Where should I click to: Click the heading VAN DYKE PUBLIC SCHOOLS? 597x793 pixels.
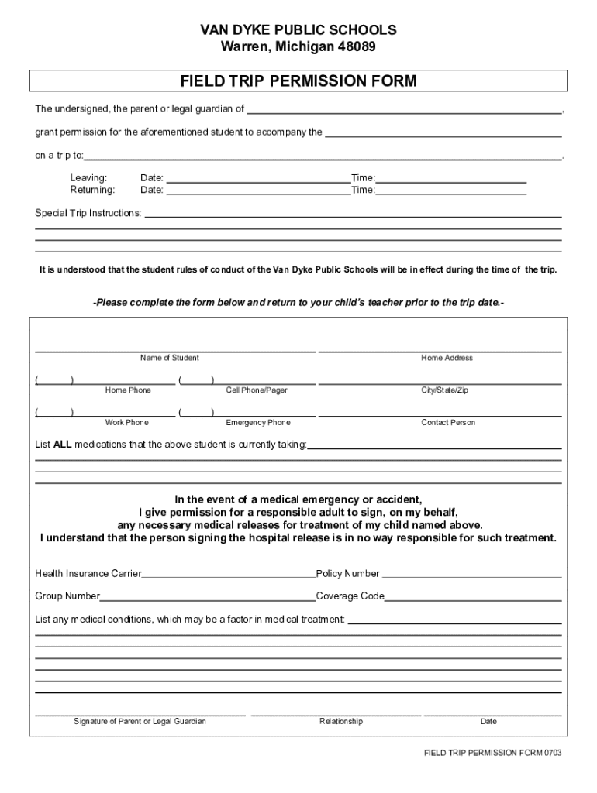pyautogui.click(x=298, y=30)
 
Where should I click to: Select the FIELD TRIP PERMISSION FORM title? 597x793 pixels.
pyautogui.click(x=298, y=81)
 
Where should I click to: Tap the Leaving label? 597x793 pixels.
pyautogui.click(x=88, y=178)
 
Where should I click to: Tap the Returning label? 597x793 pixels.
pyautogui.click(x=92, y=190)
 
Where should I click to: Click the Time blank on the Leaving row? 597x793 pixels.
pyautogui.click(x=450, y=179)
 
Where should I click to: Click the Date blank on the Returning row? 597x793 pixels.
pyautogui.click(x=258, y=191)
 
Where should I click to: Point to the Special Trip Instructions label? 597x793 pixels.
pyautogui.click(x=88, y=213)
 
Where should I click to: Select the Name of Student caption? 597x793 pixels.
pyautogui.click(x=169, y=358)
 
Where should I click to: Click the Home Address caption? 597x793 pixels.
pyautogui.click(x=447, y=358)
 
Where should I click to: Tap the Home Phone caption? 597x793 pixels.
pyautogui.click(x=128, y=390)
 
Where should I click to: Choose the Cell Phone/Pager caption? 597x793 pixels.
pyautogui.click(x=257, y=390)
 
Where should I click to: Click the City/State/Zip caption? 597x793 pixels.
pyautogui.click(x=444, y=390)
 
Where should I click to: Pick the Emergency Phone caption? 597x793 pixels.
pyautogui.click(x=257, y=423)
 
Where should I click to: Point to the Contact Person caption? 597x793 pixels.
pyautogui.click(x=448, y=423)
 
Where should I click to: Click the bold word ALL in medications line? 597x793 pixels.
pyautogui.click(x=62, y=445)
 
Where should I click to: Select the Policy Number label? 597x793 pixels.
pyautogui.click(x=347, y=574)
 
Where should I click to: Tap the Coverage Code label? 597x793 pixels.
pyautogui.click(x=350, y=596)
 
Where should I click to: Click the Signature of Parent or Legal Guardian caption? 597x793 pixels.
pyautogui.click(x=140, y=722)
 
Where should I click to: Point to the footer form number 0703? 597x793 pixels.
pyautogui.click(x=552, y=753)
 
